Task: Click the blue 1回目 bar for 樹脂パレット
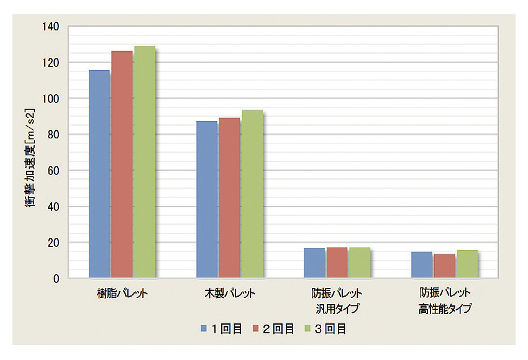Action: click(99, 174)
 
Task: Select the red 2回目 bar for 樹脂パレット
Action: click(122, 164)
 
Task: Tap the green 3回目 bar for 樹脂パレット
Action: click(144, 162)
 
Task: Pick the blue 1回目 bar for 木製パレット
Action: click(207, 199)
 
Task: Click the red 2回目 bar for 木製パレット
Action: click(229, 197)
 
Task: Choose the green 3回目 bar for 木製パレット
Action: click(252, 194)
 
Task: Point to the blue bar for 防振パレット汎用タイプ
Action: click(314, 263)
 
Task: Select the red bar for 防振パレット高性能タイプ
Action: click(444, 266)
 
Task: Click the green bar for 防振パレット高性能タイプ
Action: click(467, 264)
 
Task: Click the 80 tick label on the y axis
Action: click(53, 135)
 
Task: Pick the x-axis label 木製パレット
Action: click(230, 293)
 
